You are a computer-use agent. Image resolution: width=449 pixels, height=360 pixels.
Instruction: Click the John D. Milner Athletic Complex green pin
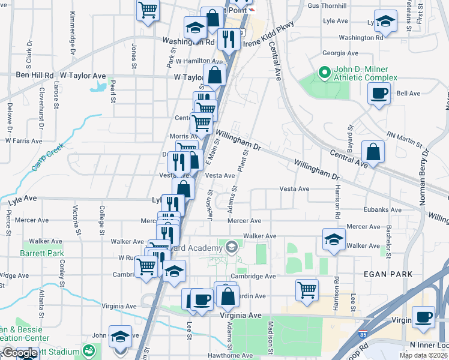click(x=325, y=73)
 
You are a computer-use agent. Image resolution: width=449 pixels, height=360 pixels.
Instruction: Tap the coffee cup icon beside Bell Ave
click(x=379, y=94)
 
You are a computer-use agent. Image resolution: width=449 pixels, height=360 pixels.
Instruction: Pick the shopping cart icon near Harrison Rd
click(x=307, y=290)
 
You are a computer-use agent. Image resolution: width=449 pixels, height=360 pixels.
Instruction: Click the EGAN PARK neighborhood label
click(x=388, y=274)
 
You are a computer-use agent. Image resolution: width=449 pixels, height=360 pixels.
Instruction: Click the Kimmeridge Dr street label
click(x=73, y=30)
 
